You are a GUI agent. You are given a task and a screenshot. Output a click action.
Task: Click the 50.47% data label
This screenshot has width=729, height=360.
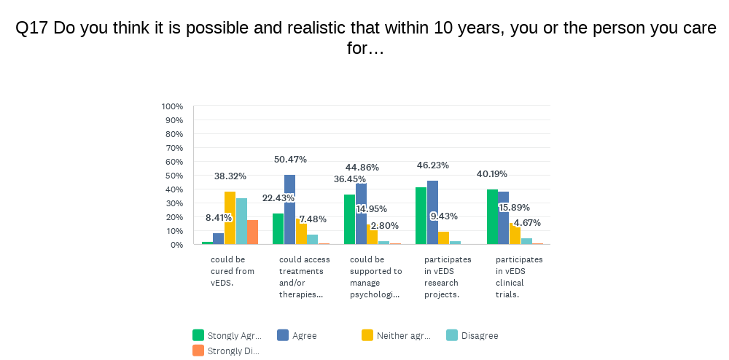(290, 160)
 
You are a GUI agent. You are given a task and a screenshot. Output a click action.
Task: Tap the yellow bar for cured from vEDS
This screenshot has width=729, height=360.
(230, 218)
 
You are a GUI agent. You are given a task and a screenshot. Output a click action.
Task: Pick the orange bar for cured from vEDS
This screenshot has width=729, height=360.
(253, 232)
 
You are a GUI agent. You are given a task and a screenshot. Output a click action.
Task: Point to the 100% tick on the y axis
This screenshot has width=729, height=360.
(172, 106)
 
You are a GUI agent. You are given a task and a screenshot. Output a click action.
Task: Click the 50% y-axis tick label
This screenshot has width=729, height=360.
(174, 176)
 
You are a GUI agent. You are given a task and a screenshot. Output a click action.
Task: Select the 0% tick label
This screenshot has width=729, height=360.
(176, 245)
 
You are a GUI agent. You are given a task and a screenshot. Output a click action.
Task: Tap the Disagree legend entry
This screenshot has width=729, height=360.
(479, 336)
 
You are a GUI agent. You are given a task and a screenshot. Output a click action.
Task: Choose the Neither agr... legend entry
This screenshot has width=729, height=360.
(403, 336)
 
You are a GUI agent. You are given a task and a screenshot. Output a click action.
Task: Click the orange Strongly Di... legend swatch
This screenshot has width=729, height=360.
(198, 351)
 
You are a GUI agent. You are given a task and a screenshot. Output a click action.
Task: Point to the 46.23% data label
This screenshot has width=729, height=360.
(432, 165)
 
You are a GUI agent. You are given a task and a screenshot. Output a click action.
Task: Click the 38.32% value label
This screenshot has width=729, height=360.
(230, 176)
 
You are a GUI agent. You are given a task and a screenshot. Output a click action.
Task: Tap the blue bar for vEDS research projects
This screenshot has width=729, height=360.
(432, 212)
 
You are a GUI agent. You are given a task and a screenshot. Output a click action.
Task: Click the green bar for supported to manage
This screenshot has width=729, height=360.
(349, 219)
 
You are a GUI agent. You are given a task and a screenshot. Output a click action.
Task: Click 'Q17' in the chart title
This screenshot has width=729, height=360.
(31, 28)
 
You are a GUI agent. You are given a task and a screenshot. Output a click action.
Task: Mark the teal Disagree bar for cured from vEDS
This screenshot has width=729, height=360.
(241, 221)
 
